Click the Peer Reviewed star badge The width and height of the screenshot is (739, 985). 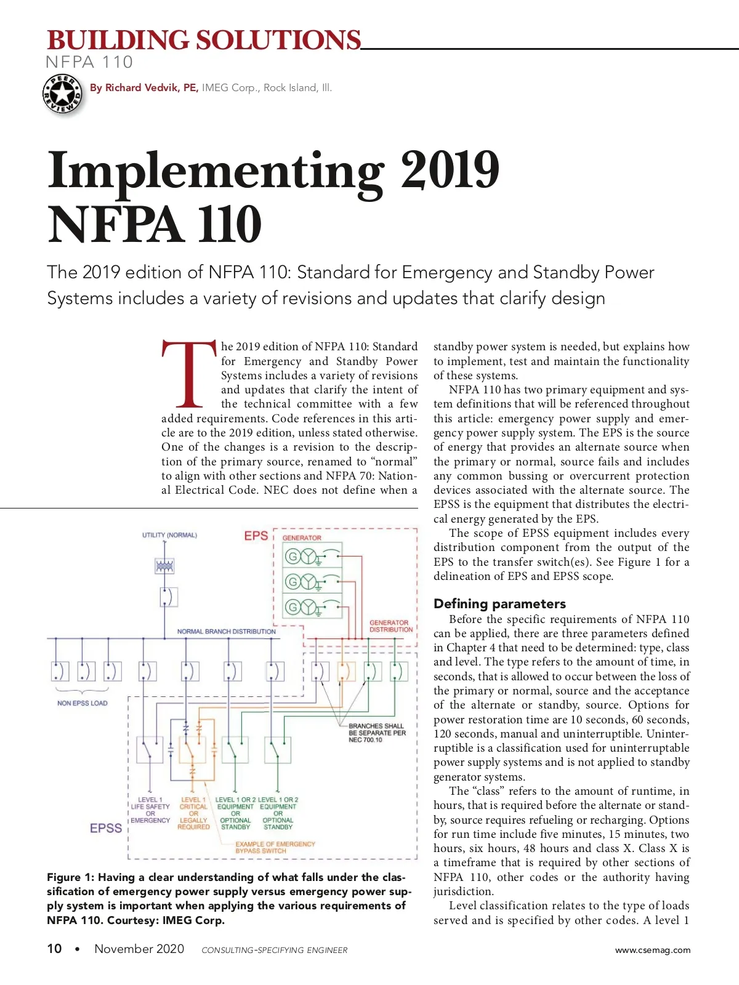[x=62, y=94]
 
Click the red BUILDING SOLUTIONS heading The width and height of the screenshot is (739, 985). [x=203, y=41]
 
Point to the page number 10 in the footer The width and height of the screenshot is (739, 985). [x=54, y=949]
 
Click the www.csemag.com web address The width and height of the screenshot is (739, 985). [x=653, y=950]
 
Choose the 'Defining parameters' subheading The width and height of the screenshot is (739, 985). [x=499, y=603]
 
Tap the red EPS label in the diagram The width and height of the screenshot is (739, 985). [x=256, y=536]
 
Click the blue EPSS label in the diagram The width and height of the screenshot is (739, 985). [x=106, y=828]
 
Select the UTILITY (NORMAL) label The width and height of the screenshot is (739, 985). [x=169, y=535]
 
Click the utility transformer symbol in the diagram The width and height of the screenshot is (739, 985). [x=164, y=566]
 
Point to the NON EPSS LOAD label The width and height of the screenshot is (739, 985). [x=82, y=703]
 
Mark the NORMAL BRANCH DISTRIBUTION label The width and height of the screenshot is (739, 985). [x=226, y=632]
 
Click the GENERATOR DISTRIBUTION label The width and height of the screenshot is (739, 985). [x=391, y=626]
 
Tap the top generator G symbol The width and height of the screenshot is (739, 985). [x=293, y=557]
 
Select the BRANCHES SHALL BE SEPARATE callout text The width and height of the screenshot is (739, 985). [x=377, y=733]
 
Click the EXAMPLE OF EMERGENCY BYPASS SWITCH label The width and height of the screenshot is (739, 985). [x=275, y=847]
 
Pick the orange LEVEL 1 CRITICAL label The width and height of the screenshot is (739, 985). [x=193, y=813]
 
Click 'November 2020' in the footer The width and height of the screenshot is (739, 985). [x=139, y=949]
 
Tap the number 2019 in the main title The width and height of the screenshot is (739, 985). [x=450, y=171]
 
